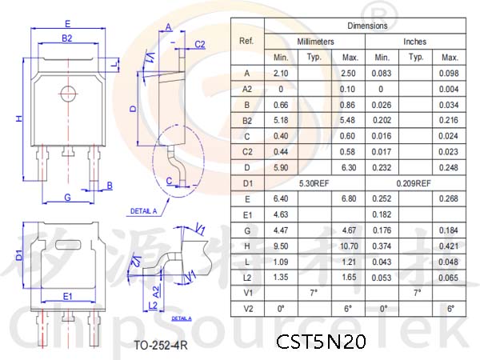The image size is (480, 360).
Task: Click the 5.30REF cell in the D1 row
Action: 314,183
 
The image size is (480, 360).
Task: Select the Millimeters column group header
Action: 315,42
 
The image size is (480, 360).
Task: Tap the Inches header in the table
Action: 414,42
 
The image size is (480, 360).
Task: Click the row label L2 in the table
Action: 247,278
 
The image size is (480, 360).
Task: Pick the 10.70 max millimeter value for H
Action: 349,246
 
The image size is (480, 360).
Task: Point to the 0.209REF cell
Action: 414,183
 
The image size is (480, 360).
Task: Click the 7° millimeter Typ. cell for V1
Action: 314,293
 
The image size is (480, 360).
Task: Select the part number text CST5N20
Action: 321,342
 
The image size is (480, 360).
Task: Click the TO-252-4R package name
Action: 161,346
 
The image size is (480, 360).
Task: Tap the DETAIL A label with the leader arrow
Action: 143,211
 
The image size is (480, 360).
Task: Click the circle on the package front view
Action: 68,94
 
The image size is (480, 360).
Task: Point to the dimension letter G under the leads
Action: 68,198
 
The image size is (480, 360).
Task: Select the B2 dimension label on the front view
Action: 67,38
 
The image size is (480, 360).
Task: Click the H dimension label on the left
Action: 19,118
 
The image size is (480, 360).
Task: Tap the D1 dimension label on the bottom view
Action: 19,255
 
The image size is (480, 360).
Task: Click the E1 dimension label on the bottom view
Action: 68,296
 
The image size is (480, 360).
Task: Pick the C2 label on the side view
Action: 200,45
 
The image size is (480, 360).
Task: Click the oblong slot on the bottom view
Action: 68,245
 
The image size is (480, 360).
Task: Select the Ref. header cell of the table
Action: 246,41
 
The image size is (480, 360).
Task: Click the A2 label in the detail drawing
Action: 156,292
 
